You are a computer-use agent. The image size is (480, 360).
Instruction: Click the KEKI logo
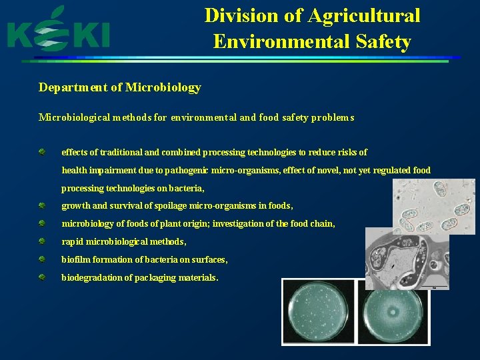pos(59,32)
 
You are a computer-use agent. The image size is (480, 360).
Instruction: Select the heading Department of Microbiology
pos(120,87)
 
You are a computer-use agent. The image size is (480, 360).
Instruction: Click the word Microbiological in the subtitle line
pos(70,117)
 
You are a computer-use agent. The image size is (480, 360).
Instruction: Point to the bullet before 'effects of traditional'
pos(42,153)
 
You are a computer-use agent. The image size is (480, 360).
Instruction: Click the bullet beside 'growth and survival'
pos(42,206)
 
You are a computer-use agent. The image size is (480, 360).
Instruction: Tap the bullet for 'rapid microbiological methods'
pos(42,241)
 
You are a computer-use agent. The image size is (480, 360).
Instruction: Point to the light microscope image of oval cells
pos(434,205)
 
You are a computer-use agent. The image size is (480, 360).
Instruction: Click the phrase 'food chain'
pos(312,224)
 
